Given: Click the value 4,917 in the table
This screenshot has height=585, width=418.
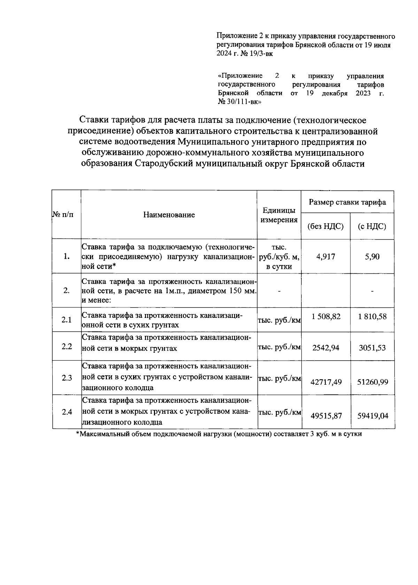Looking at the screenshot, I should pyautogui.click(x=325, y=257).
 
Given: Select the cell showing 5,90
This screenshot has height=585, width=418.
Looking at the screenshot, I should pyautogui.click(x=372, y=257).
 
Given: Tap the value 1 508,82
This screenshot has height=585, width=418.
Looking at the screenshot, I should pyautogui.click(x=326, y=316).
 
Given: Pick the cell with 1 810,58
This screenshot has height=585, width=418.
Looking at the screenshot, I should pyautogui.click(x=372, y=316).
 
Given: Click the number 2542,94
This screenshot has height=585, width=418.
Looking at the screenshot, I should pyautogui.click(x=326, y=347).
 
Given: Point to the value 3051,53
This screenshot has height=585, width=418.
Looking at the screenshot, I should pyautogui.click(x=372, y=347).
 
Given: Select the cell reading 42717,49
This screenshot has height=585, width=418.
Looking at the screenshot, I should pyautogui.click(x=326, y=382).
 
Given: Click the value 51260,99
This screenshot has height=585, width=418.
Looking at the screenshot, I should pyautogui.click(x=372, y=382).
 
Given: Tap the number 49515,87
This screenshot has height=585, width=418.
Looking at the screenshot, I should pyautogui.click(x=326, y=416).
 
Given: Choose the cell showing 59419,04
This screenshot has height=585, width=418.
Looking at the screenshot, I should pyautogui.click(x=372, y=416).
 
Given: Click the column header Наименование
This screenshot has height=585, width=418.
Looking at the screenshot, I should pyautogui.click(x=169, y=215).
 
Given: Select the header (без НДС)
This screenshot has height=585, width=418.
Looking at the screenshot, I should pyautogui.click(x=325, y=226).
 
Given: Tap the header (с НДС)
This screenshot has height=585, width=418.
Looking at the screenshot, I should pyautogui.click(x=372, y=226).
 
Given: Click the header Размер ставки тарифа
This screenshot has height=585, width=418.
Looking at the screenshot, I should pyautogui.click(x=347, y=202).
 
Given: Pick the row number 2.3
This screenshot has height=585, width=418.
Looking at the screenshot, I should pyautogui.click(x=67, y=378).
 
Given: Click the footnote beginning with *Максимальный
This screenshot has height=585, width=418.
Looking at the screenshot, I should pyautogui.click(x=219, y=434).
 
